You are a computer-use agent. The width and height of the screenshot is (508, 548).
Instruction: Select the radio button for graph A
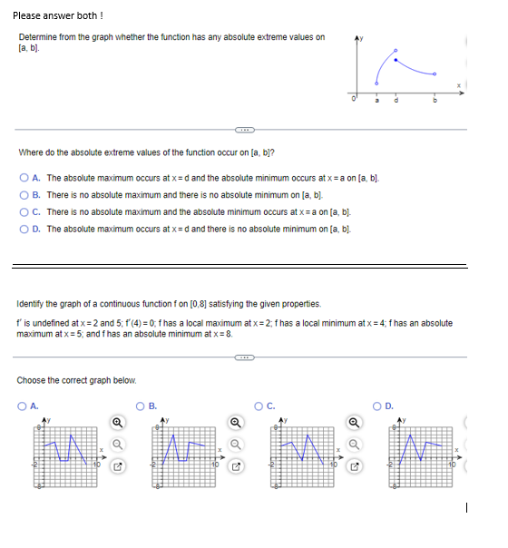coord(22,406)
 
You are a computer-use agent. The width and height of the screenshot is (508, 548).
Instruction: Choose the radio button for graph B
coord(141,406)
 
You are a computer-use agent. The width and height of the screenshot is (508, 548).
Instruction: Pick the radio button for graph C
coord(260,406)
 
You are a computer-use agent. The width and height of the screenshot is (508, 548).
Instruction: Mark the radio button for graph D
coord(379,406)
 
